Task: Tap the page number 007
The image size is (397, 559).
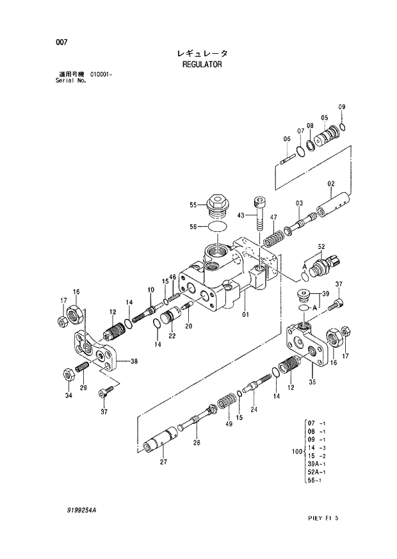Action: tap(62, 42)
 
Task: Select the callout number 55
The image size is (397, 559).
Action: tap(192, 206)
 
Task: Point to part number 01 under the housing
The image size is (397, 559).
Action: tap(246, 314)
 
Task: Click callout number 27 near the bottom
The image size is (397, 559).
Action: tap(163, 461)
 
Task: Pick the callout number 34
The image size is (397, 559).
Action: tap(69, 396)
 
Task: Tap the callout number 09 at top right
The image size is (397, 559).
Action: tap(342, 106)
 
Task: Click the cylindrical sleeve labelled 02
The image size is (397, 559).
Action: tap(336, 203)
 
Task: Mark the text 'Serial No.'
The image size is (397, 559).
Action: tap(71, 82)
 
